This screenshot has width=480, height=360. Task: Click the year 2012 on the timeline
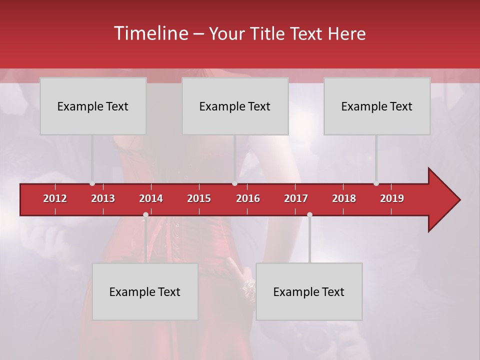tap(55, 198)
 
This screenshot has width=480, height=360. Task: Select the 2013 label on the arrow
tap(103, 198)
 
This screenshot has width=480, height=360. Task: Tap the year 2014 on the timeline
tap(151, 198)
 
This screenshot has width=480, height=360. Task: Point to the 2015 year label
tap(199, 198)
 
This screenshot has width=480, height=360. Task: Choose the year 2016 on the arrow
tap(248, 198)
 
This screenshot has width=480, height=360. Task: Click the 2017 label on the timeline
tap(296, 198)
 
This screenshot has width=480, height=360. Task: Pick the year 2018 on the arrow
tap(344, 198)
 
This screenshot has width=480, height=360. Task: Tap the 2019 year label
tap(392, 198)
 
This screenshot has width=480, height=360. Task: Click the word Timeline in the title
tap(150, 33)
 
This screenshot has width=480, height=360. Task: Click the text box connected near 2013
tap(93, 106)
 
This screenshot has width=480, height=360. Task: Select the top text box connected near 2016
tap(235, 106)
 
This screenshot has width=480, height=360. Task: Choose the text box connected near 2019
tap(377, 106)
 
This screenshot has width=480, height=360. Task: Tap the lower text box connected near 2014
tap(145, 291)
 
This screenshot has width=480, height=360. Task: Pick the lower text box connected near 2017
tap(309, 291)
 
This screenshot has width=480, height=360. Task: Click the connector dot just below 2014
tap(145, 214)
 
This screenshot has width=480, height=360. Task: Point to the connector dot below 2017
tap(309, 214)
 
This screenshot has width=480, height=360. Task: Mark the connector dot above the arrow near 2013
tap(92, 183)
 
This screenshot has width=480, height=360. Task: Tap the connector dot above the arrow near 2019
tap(376, 183)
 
